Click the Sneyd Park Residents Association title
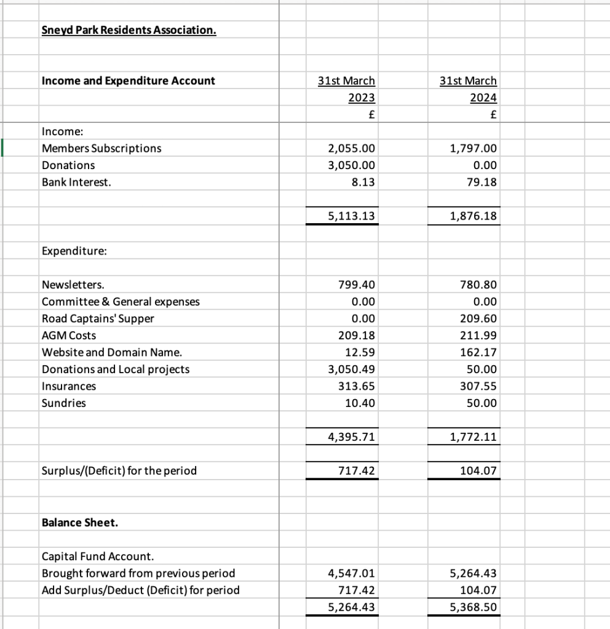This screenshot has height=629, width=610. [x=129, y=30]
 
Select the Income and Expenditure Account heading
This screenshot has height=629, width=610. [x=129, y=81]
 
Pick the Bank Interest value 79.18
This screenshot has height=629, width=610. [x=481, y=182]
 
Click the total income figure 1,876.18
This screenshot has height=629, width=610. [x=473, y=216]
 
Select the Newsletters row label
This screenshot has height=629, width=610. [x=73, y=285]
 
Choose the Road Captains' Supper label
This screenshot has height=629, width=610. [x=98, y=318]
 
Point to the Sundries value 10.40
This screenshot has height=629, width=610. [x=360, y=403]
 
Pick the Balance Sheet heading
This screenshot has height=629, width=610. [x=80, y=523]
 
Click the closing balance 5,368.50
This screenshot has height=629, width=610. [x=473, y=607]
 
